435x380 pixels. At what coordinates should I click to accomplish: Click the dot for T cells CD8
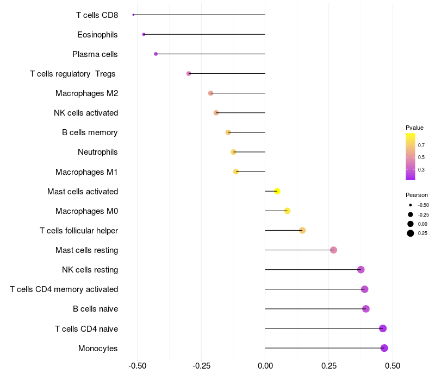tap(133, 15)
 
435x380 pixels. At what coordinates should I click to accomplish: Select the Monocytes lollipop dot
tap(384, 348)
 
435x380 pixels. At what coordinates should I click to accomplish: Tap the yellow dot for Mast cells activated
tap(277, 191)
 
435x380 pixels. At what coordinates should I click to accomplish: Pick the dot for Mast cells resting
tap(333, 250)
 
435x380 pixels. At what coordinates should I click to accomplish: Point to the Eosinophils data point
tap(144, 34)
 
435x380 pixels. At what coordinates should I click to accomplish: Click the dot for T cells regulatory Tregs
tap(189, 73)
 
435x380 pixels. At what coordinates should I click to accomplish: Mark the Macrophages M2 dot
tap(210, 93)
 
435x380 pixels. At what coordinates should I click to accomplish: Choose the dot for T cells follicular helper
tap(302, 231)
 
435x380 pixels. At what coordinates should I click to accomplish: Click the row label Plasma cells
tap(95, 54)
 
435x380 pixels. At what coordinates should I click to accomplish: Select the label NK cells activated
tap(86, 113)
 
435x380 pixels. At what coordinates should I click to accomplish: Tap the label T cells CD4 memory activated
tap(64, 289)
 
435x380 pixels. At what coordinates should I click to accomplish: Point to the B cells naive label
tap(95, 309)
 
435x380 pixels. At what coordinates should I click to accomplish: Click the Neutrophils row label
tap(98, 152)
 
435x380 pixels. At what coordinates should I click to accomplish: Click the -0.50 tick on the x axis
tap(138, 366)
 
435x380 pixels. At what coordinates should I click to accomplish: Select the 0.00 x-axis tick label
tap(265, 366)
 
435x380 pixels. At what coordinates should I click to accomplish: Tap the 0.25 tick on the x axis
tap(328, 366)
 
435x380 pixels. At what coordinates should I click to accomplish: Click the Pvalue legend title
tap(414, 128)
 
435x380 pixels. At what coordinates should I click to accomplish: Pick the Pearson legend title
tap(417, 195)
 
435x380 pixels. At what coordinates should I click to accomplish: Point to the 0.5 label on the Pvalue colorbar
tap(421, 157)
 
